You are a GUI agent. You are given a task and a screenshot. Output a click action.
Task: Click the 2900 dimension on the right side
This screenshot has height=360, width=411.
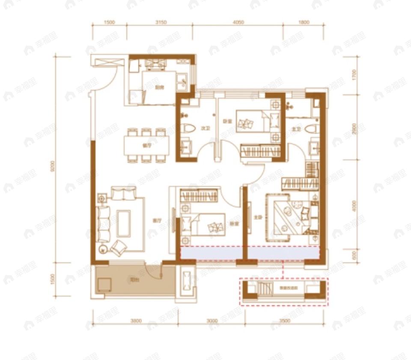(354, 129)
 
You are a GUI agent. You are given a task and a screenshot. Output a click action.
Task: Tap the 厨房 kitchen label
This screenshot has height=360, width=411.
(160, 87)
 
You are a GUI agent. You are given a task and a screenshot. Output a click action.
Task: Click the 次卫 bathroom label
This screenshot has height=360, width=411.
(204, 128)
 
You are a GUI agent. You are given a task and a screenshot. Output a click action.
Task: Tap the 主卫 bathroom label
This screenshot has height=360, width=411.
(298, 128)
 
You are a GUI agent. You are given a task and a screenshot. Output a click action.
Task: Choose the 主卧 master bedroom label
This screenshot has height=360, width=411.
(257, 217)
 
